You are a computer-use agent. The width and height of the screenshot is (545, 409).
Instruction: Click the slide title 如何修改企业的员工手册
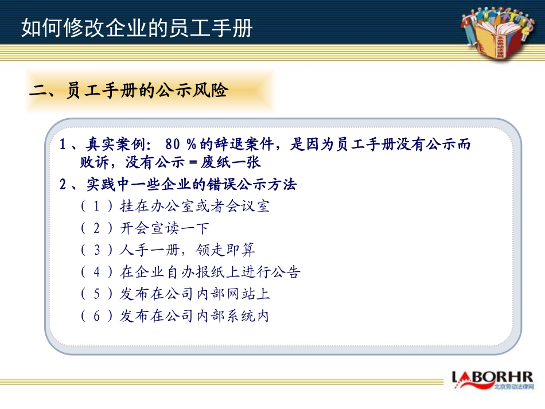[137, 28]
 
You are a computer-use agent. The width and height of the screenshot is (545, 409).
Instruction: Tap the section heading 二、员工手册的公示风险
[129, 91]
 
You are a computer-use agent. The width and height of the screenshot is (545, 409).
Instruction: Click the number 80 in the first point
[173, 144]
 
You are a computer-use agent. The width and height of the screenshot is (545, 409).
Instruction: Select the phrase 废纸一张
[231, 162]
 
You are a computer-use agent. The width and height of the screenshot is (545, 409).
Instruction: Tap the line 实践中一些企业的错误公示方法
[192, 185]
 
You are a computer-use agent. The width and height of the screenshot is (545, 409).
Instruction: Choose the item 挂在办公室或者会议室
[194, 207]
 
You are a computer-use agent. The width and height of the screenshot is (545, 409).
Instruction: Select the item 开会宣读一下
[165, 228]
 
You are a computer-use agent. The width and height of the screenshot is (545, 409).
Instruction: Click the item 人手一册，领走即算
[188, 250]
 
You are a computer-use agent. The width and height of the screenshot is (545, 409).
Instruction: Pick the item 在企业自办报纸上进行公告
[210, 272]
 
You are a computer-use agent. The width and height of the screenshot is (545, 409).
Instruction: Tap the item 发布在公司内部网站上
[195, 294]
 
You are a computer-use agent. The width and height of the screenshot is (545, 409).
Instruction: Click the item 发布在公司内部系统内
[194, 315]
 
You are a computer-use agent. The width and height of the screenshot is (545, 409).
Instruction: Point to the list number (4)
[96, 272]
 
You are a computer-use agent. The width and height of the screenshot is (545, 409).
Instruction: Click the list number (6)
[96, 315]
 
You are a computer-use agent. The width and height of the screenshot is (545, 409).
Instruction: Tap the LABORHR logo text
[492, 377]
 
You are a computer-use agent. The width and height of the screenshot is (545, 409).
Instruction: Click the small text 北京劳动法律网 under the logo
[513, 387]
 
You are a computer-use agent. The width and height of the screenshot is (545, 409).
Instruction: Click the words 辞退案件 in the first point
[244, 144]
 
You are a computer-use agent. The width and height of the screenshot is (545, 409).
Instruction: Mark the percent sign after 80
[191, 144]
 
